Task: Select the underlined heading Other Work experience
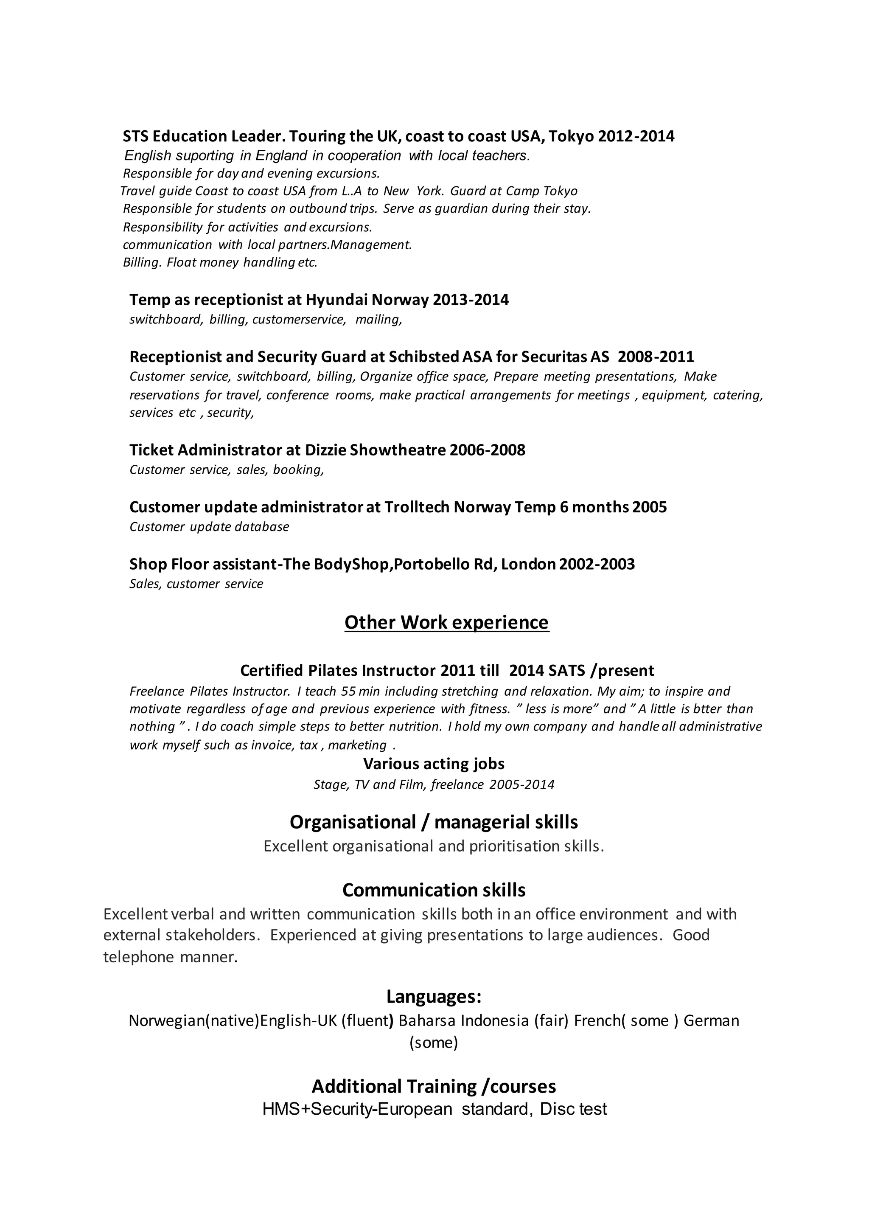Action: click(x=446, y=622)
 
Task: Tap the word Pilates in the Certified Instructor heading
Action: click(x=332, y=671)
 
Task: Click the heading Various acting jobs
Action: click(x=434, y=764)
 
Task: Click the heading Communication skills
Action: click(x=434, y=890)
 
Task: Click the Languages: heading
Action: click(x=434, y=997)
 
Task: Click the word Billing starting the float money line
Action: click(x=142, y=263)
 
